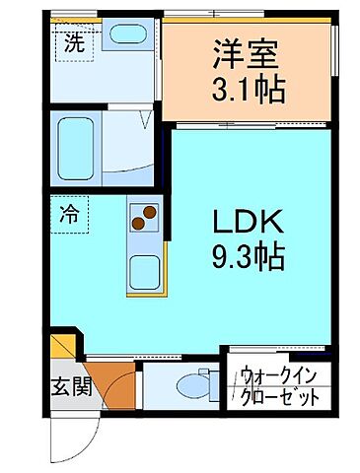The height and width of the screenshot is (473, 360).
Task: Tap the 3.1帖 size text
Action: (249, 90)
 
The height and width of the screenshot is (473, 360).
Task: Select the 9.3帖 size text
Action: (250, 257)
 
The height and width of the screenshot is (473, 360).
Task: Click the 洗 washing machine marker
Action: (74, 43)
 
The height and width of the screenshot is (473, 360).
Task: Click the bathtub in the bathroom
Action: (77, 145)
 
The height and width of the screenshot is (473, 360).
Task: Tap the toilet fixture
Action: (202, 386)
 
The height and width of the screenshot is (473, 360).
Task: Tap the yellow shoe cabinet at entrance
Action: (62, 348)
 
